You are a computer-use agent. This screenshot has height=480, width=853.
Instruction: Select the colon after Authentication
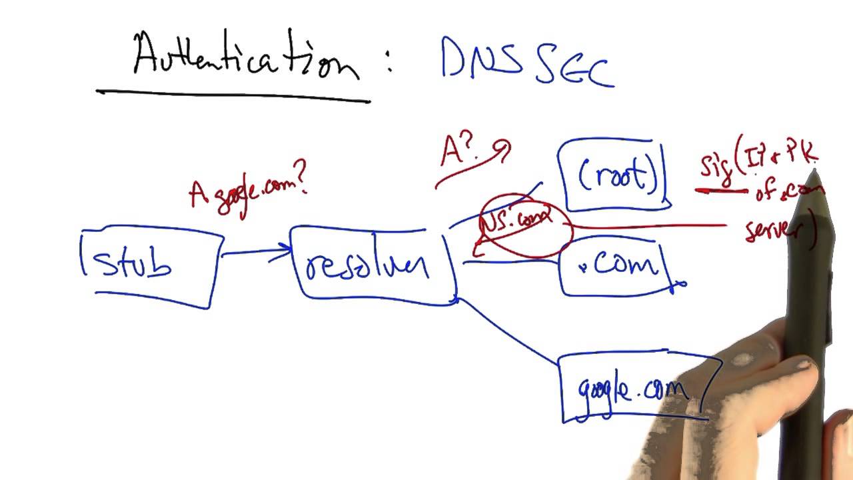(x=388, y=63)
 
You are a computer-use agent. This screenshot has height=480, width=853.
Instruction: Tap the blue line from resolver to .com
(x=510, y=262)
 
